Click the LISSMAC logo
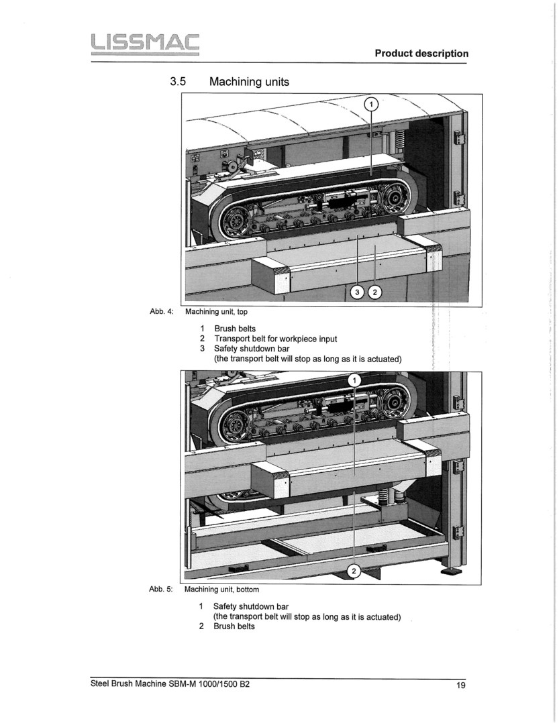[x=140, y=44]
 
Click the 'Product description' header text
[x=421, y=54]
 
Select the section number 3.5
[x=177, y=82]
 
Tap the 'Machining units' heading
[x=249, y=82]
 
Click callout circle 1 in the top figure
[x=371, y=104]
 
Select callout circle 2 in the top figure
[x=375, y=292]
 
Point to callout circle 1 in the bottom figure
[x=355, y=380]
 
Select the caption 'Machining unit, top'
[x=216, y=311]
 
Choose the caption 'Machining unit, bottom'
[x=221, y=590]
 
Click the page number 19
[x=460, y=685]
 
